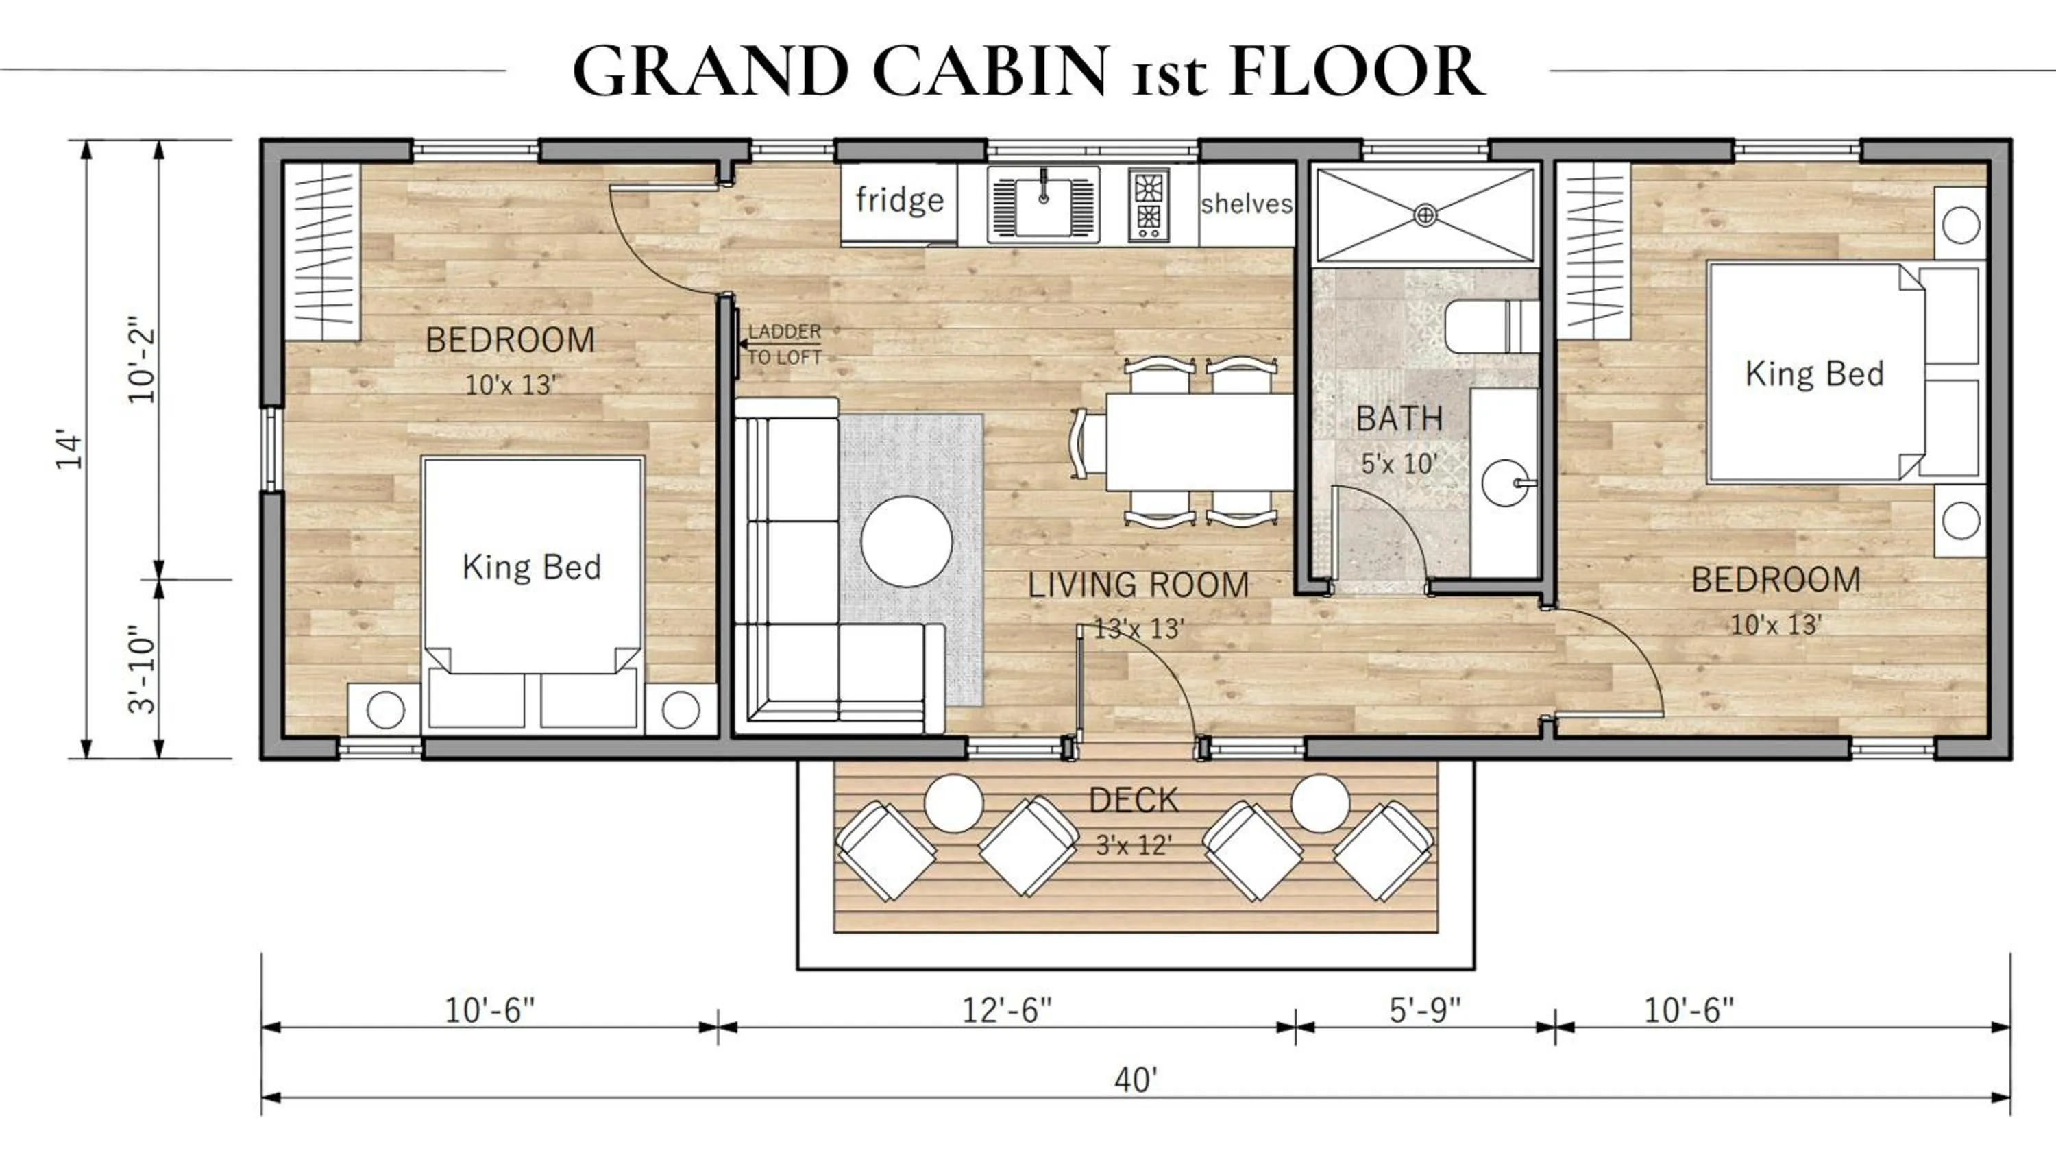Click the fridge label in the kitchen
(x=899, y=199)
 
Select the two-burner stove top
(x=1149, y=204)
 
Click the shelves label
(x=1246, y=204)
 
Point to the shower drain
(x=1425, y=215)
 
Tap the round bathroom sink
(x=1505, y=483)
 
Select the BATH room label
(x=1399, y=418)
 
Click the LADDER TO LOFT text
(x=784, y=344)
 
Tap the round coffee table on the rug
(x=907, y=541)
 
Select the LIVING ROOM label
(x=1138, y=585)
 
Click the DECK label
(x=1134, y=800)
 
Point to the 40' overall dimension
(x=1135, y=1080)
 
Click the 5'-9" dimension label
(x=1425, y=1010)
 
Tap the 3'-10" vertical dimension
(x=142, y=668)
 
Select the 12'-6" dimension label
(x=1007, y=1010)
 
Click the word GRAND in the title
(x=710, y=72)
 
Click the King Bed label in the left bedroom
(x=532, y=567)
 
